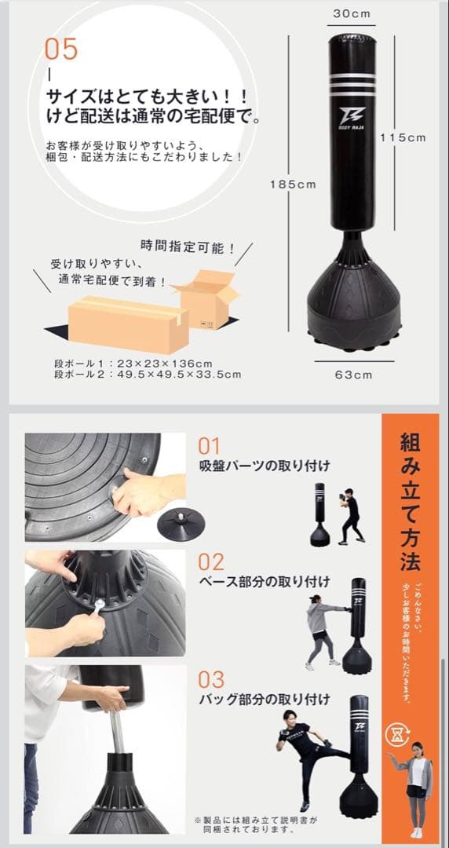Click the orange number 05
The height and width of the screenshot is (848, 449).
point(61,49)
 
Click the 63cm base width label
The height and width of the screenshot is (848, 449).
point(353,375)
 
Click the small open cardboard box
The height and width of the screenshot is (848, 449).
point(206,298)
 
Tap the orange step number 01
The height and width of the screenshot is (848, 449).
point(210,447)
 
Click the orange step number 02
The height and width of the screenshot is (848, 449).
point(210,562)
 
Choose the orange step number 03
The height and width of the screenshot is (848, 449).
point(210,679)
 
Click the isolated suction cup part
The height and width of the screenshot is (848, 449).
point(179,523)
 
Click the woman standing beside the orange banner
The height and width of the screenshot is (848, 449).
point(415,788)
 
